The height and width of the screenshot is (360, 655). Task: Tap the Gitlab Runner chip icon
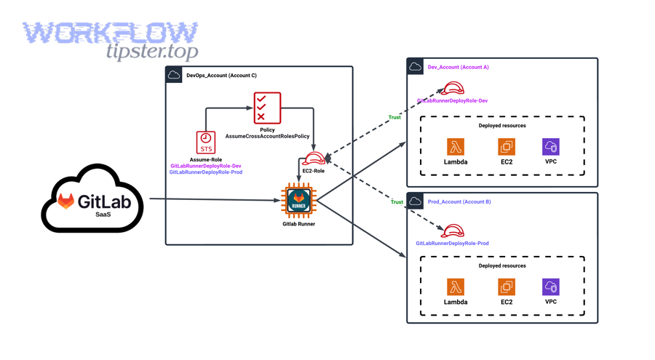pos(298,201)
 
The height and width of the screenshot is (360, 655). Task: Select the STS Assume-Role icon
pos(206,142)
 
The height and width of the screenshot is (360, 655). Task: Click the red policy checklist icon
pos(267,108)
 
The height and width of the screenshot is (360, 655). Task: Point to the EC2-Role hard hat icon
pos(314,159)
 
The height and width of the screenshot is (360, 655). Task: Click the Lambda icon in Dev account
pos(456,147)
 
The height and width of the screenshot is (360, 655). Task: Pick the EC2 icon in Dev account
pos(507,147)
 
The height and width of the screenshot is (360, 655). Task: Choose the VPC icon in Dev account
pos(551,147)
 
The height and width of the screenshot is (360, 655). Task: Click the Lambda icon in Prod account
pos(456,287)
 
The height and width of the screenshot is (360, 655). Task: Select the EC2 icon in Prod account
pos(507,287)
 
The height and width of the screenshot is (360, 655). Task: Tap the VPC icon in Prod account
pos(551,287)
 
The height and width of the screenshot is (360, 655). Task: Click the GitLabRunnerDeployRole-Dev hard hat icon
pos(453,89)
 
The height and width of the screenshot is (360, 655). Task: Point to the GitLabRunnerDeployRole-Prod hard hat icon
pos(453,231)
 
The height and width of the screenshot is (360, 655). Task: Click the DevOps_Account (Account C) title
pos(221,76)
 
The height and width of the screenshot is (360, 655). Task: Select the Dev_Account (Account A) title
pos(458,67)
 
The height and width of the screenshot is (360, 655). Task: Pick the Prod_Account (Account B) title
pos(458,201)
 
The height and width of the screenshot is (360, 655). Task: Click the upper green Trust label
pos(394,117)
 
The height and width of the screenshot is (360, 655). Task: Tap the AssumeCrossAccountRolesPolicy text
pos(267,136)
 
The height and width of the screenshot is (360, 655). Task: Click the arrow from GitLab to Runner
pos(215,199)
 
